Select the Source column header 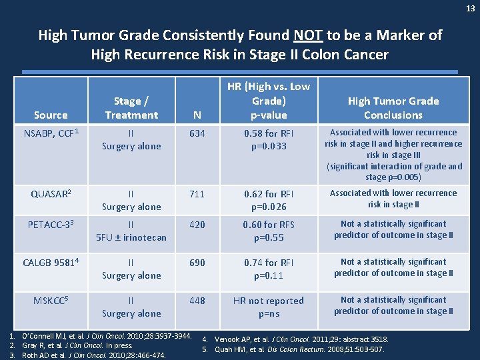[x=51, y=115]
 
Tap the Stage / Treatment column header [x=131, y=108]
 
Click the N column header [x=197, y=115]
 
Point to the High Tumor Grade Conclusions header [x=393, y=108]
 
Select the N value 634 [x=197, y=133]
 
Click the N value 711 [x=197, y=194]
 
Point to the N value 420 [x=197, y=225]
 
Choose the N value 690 [x=197, y=263]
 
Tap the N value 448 [x=197, y=301]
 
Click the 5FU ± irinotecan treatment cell [x=131, y=237]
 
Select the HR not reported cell [x=269, y=301]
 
